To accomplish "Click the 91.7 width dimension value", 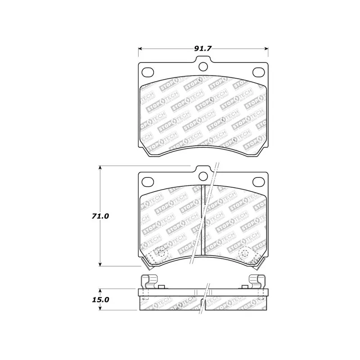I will click(203, 48).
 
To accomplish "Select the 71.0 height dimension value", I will click(100, 216).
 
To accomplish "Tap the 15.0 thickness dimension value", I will click(100, 299).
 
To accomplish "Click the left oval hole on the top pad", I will click(147, 72).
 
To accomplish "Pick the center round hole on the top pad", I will click(203, 67).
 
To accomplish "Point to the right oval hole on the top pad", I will click(259, 72).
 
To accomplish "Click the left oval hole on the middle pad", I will click(147, 182).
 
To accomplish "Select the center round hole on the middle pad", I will click(203, 177).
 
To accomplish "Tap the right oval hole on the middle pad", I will click(259, 182).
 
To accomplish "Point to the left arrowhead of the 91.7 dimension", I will click(139, 49).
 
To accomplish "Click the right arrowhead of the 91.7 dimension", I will click(267, 49).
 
